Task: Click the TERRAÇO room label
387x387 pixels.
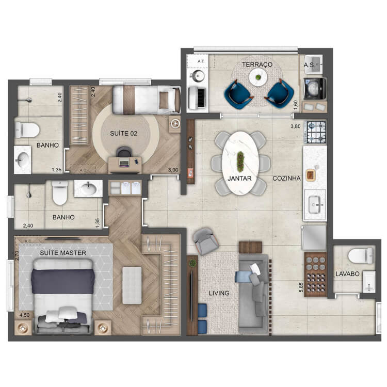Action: [x=257, y=64]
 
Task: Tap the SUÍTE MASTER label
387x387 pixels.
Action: [x=63, y=253]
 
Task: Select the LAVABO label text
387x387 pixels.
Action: [x=347, y=273]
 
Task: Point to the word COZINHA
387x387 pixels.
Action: [x=286, y=178]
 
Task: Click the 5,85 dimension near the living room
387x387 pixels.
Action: [x=301, y=287]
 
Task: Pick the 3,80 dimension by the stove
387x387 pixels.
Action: [x=296, y=126]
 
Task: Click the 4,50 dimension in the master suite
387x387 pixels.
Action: [x=24, y=315]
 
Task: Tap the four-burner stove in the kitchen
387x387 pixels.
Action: [x=316, y=132]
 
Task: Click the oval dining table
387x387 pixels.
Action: [x=240, y=163]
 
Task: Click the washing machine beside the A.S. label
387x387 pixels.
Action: [x=315, y=88]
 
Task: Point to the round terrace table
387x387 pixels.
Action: [x=258, y=77]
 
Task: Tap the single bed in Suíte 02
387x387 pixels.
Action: [x=147, y=100]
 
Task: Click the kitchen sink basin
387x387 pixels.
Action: [x=315, y=205]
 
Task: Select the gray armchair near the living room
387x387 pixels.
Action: [x=205, y=241]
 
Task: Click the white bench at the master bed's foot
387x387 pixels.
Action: [x=132, y=285]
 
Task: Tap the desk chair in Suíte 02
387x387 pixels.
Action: [x=124, y=152]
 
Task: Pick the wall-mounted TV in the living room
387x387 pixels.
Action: [x=191, y=296]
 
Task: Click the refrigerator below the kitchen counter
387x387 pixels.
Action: [x=314, y=238]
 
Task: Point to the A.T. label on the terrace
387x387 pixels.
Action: [x=201, y=61]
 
